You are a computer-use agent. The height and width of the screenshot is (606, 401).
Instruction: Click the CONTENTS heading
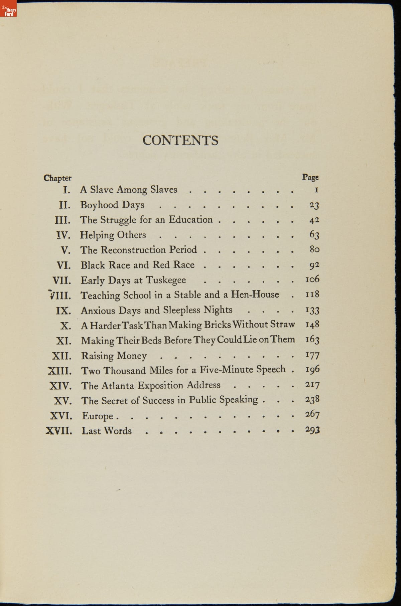tap(180, 140)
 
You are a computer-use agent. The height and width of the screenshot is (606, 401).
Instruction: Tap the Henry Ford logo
tap(8, 8)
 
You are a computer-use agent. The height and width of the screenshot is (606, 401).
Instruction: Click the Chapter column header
tap(57, 178)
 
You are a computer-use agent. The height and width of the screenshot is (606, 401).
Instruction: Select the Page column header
tap(310, 177)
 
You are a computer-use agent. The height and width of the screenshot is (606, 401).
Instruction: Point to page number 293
tap(312, 430)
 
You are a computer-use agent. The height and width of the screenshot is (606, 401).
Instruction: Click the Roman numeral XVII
tap(59, 431)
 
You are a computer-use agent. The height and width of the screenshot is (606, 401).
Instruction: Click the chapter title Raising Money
tap(114, 356)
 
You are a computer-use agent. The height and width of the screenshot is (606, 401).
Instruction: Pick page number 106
tap(312, 279)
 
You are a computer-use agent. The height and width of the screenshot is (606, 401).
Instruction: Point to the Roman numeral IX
tap(63, 311)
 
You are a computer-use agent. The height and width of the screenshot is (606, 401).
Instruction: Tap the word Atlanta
tap(118, 386)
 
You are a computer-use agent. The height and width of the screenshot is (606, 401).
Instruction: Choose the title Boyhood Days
tap(112, 205)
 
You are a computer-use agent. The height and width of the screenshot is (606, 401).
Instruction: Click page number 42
tap(314, 220)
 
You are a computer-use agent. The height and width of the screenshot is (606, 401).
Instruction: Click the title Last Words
tap(107, 431)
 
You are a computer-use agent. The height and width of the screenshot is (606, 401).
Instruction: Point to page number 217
tap(312, 385)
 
